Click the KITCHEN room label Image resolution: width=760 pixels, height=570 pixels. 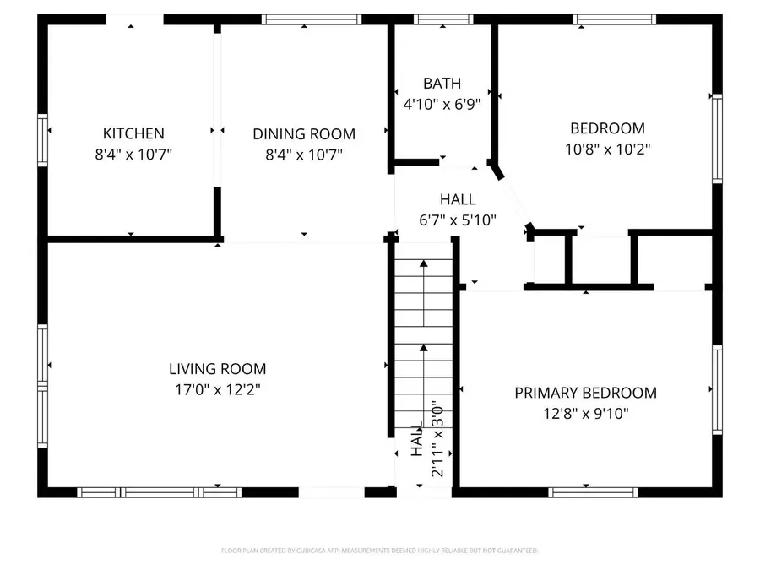(x=133, y=133)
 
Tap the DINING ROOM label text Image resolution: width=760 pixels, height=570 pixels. (x=304, y=134)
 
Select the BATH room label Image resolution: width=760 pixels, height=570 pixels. (x=442, y=84)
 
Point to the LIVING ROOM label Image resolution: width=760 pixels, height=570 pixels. (x=217, y=369)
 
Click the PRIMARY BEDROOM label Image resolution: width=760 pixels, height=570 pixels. (x=586, y=393)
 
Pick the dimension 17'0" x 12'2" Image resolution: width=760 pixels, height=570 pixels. (x=217, y=390)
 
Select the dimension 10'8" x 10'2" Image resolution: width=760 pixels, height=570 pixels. (x=608, y=149)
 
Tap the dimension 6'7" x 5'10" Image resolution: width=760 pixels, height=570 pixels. (x=458, y=220)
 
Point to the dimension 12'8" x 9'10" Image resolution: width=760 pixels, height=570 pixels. (x=586, y=414)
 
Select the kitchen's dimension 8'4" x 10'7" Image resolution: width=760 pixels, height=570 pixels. (x=133, y=155)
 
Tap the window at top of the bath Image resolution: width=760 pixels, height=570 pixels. (x=443, y=19)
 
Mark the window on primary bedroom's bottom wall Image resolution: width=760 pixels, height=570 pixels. (x=593, y=491)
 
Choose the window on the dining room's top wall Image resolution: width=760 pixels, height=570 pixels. (x=312, y=19)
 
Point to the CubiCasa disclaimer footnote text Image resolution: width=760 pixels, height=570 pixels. (x=380, y=551)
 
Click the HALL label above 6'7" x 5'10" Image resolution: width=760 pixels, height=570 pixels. (x=458, y=200)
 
